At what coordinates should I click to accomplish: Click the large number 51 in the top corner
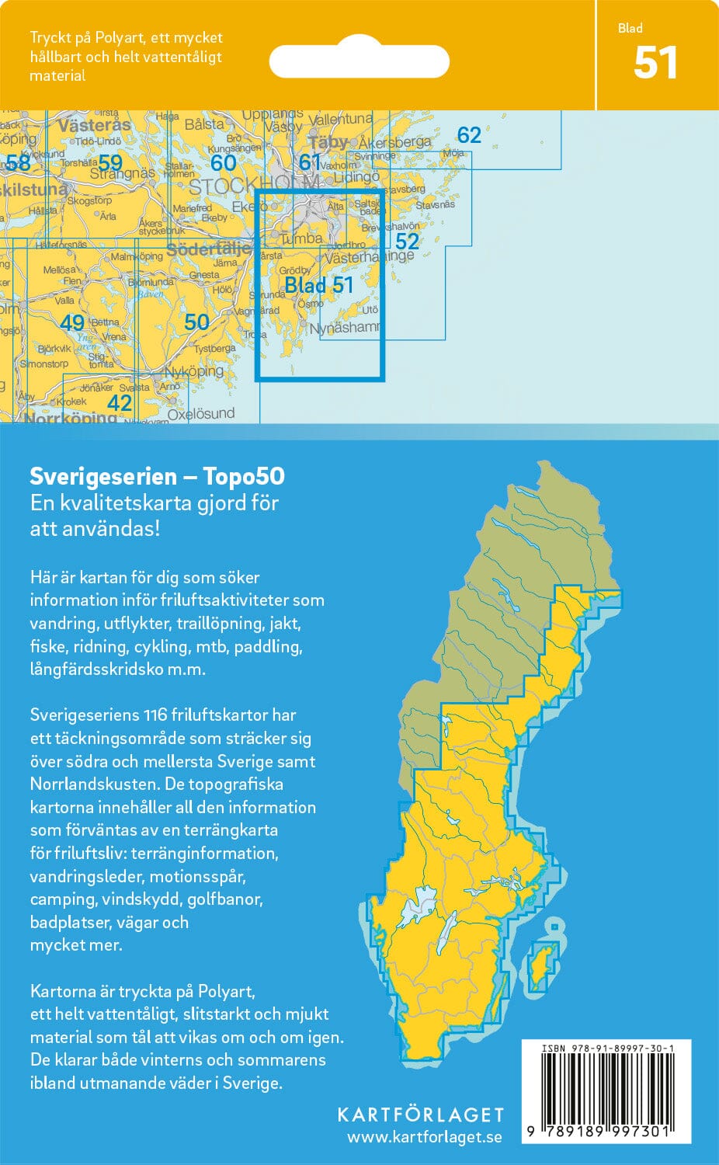click(655, 64)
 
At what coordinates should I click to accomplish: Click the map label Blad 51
click(318, 286)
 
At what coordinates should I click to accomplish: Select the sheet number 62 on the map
click(469, 135)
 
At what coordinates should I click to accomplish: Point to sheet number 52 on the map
click(407, 241)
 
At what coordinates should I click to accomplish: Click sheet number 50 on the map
click(196, 322)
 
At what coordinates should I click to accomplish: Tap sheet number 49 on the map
click(72, 322)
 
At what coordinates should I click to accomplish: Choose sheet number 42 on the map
click(120, 402)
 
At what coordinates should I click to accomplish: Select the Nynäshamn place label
click(345, 329)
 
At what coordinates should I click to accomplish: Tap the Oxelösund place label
click(201, 414)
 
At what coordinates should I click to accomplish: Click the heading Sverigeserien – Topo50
click(157, 476)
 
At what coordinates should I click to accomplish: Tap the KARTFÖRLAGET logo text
click(420, 1115)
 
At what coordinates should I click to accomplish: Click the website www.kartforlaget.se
click(424, 1138)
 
